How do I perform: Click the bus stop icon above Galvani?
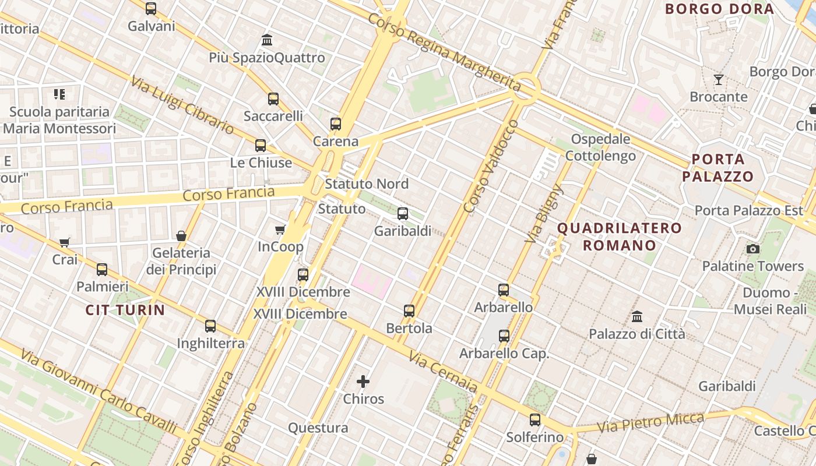tap(151, 9)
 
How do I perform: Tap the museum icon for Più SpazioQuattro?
tap(267, 40)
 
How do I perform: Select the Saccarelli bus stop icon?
tap(273, 99)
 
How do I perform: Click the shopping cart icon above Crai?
tap(65, 242)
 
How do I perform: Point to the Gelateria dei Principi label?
tap(181, 261)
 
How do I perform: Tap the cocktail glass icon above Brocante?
tap(719, 80)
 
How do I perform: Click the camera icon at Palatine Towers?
tap(753, 249)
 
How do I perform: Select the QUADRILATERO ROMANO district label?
tap(620, 236)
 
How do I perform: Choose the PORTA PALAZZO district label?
tap(718, 168)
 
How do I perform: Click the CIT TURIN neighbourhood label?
tap(125, 310)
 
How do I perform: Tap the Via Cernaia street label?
tap(443, 371)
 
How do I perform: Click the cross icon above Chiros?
tap(363, 382)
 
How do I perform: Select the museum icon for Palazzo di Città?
tap(637, 317)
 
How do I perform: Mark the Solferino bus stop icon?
tap(535, 419)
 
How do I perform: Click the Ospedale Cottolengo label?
tap(600, 147)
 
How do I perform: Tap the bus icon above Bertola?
tap(409, 311)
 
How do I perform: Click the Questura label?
tap(318, 428)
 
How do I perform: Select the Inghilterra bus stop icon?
tap(210, 326)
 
